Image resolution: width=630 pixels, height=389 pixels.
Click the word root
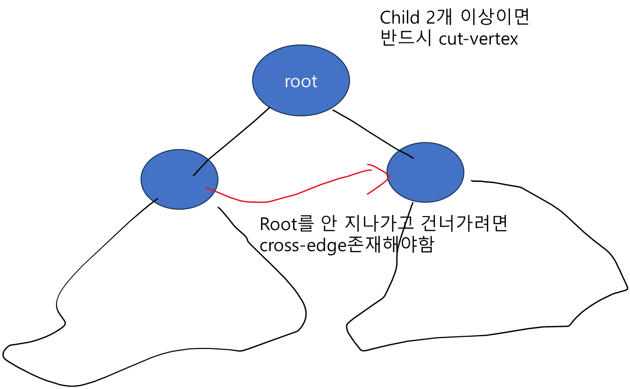(301, 82)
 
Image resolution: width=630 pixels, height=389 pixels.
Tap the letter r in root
(287, 83)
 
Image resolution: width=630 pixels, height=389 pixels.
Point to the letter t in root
(315, 82)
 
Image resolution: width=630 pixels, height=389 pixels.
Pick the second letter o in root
(306, 83)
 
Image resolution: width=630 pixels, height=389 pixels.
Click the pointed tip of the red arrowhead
(388, 176)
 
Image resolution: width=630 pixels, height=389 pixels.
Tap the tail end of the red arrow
(206, 188)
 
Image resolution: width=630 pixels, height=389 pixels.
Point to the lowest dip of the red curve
(257, 202)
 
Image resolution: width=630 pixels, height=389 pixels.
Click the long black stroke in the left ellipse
(201, 168)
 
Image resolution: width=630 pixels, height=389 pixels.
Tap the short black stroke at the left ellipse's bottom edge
(155, 200)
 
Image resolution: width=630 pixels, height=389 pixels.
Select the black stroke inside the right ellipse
(406, 154)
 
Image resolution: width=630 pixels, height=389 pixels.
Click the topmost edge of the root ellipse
(301, 45)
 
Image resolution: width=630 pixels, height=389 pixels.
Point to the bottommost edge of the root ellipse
(301, 115)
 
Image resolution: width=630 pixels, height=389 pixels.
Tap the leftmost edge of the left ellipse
(141, 179)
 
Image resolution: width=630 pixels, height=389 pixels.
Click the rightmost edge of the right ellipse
(463, 172)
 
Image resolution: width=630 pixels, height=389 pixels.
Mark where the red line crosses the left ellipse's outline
(216, 191)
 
